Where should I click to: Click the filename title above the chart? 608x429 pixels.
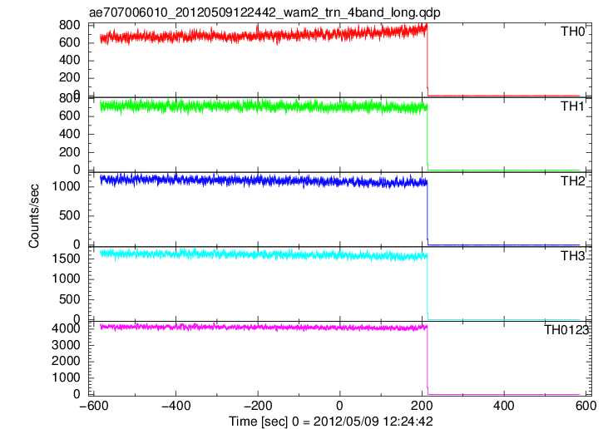click(x=264, y=12)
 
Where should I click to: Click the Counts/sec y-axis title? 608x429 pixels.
click(x=34, y=216)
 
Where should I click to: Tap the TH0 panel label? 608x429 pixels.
click(x=572, y=32)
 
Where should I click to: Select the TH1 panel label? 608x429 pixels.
click(x=572, y=106)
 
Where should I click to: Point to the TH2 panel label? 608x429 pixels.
click(x=573, y=181)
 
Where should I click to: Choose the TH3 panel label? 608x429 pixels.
click(x=573, y=256)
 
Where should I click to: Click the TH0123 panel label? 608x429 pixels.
click(x=566, y=330)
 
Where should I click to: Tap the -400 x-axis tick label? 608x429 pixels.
click(x=175, y=406)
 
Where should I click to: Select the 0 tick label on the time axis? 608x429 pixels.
click(x=339, y=406)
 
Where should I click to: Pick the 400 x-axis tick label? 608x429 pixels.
click(x=504, y=406)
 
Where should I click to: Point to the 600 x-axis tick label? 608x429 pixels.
click(x=586, y=406)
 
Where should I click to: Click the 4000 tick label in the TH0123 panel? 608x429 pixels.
click(x=66, y=328)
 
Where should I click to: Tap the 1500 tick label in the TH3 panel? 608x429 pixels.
click(x=66, y=259)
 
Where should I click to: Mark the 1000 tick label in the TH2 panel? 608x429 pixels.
click(x=66, y=186)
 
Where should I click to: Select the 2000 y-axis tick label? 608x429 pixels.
click(x=66, y=361)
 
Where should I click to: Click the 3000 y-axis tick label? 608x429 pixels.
click(x=66, y=345)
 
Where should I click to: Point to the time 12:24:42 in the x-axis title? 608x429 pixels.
click(x=408, y=422)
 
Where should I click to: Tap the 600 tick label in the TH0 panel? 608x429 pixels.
click(x=69, y=42)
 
